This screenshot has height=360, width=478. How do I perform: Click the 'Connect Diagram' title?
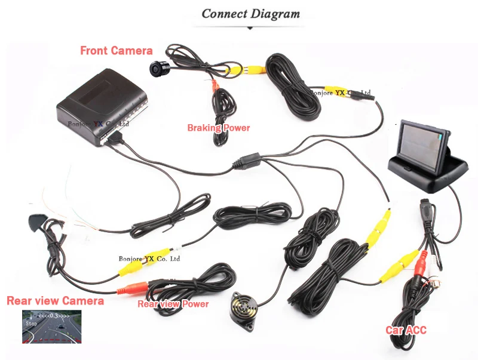[250, 14]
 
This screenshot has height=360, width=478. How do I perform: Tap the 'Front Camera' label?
[117, 51]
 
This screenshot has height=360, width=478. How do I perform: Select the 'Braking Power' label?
[219, 128]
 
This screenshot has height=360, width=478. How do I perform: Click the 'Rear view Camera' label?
[55, 300]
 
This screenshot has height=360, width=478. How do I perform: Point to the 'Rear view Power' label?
[173, 304]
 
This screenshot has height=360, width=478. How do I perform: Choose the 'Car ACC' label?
[406, 330]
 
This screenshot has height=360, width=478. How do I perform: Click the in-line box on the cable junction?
[248, 161]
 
